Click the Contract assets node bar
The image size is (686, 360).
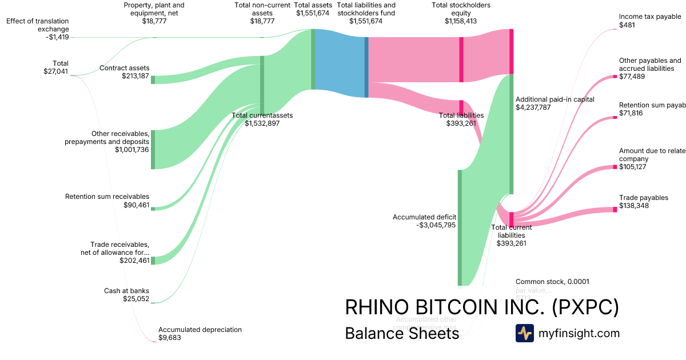pyautogui.click(x=153, y=79)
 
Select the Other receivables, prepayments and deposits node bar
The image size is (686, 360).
pyautogui.click(x=153, y=149)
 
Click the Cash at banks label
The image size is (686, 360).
pyautogui.click(x=126, y=291)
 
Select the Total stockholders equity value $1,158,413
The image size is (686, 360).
pyautogui.click(x=461, y=21)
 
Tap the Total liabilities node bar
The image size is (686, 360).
pyautogui.click(x=461, y=107)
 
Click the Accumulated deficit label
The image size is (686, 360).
pyautogui.click(x=424, y=217)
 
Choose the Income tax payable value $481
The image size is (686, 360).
pyautogui.click(x=627, y=25)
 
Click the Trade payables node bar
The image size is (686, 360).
pyautogui.click(x=615, y=210)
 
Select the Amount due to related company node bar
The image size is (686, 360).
pyautogui.click(x=615, y=167)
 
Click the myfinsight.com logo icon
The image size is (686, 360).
pyautogui.click(x=524, y=333)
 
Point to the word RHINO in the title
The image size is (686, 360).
pyautogui.click(x=378, y=307)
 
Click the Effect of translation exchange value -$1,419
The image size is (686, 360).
pyautogui.click(x=57, y=37)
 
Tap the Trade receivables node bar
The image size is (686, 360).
pyautogui.click(x=153, y=261)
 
